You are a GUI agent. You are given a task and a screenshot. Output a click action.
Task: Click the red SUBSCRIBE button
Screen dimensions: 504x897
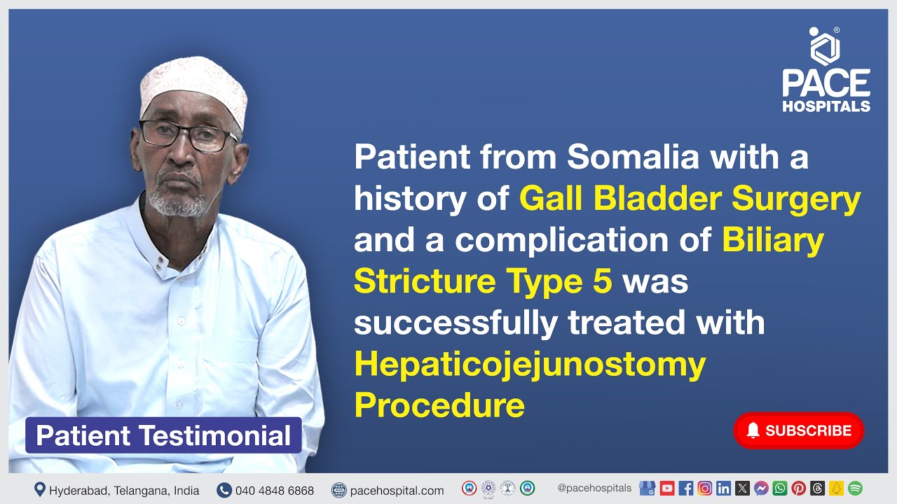pyautogui.click(x=798, y=430)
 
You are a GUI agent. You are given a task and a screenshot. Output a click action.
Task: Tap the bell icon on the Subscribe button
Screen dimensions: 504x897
pyautogui.click(x=753, y=430)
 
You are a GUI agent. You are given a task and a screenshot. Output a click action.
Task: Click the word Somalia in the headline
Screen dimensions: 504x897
pyautogui.click(x=633, y=157)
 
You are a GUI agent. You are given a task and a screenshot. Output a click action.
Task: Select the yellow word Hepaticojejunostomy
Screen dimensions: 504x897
pyautogui.click(x=529, y=364)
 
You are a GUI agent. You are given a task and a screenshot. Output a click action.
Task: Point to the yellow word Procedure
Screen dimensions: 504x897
pyautogui.click(x=439, y=405)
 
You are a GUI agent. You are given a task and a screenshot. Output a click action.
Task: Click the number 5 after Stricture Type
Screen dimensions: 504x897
pyautogui.click(x=603, y=281)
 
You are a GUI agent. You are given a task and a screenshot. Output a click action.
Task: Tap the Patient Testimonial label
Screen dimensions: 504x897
pyautogui.click(x=163, y=435)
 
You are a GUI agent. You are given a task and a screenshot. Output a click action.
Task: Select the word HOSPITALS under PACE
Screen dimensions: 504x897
pyautogui.click(x=826, y=106)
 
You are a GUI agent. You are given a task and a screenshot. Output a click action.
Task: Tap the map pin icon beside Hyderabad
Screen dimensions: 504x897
pyautogui.click(x=40, y=490)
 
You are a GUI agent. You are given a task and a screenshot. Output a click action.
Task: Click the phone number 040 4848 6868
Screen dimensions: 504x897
pyautogui.click(x=275, y=491)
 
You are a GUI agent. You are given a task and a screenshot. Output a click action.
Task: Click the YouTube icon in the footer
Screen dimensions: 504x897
pyautogui.click(x=667, y=489)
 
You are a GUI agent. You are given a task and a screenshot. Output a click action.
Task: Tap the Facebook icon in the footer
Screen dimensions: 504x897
pyautogui.click(x=686, y=489)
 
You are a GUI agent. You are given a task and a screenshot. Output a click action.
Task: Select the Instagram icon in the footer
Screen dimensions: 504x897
pyautogui.click(x=705, y=489)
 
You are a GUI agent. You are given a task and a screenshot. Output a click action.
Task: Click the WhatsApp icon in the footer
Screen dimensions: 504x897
pyautogui.click(x=780, y=489)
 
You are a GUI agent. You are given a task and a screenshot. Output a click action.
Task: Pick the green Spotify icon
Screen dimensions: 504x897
pyautogui.click(x=855, y=489)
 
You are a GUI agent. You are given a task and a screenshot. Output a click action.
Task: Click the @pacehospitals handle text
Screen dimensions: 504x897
pyautogui.click(x=594, y=488)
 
